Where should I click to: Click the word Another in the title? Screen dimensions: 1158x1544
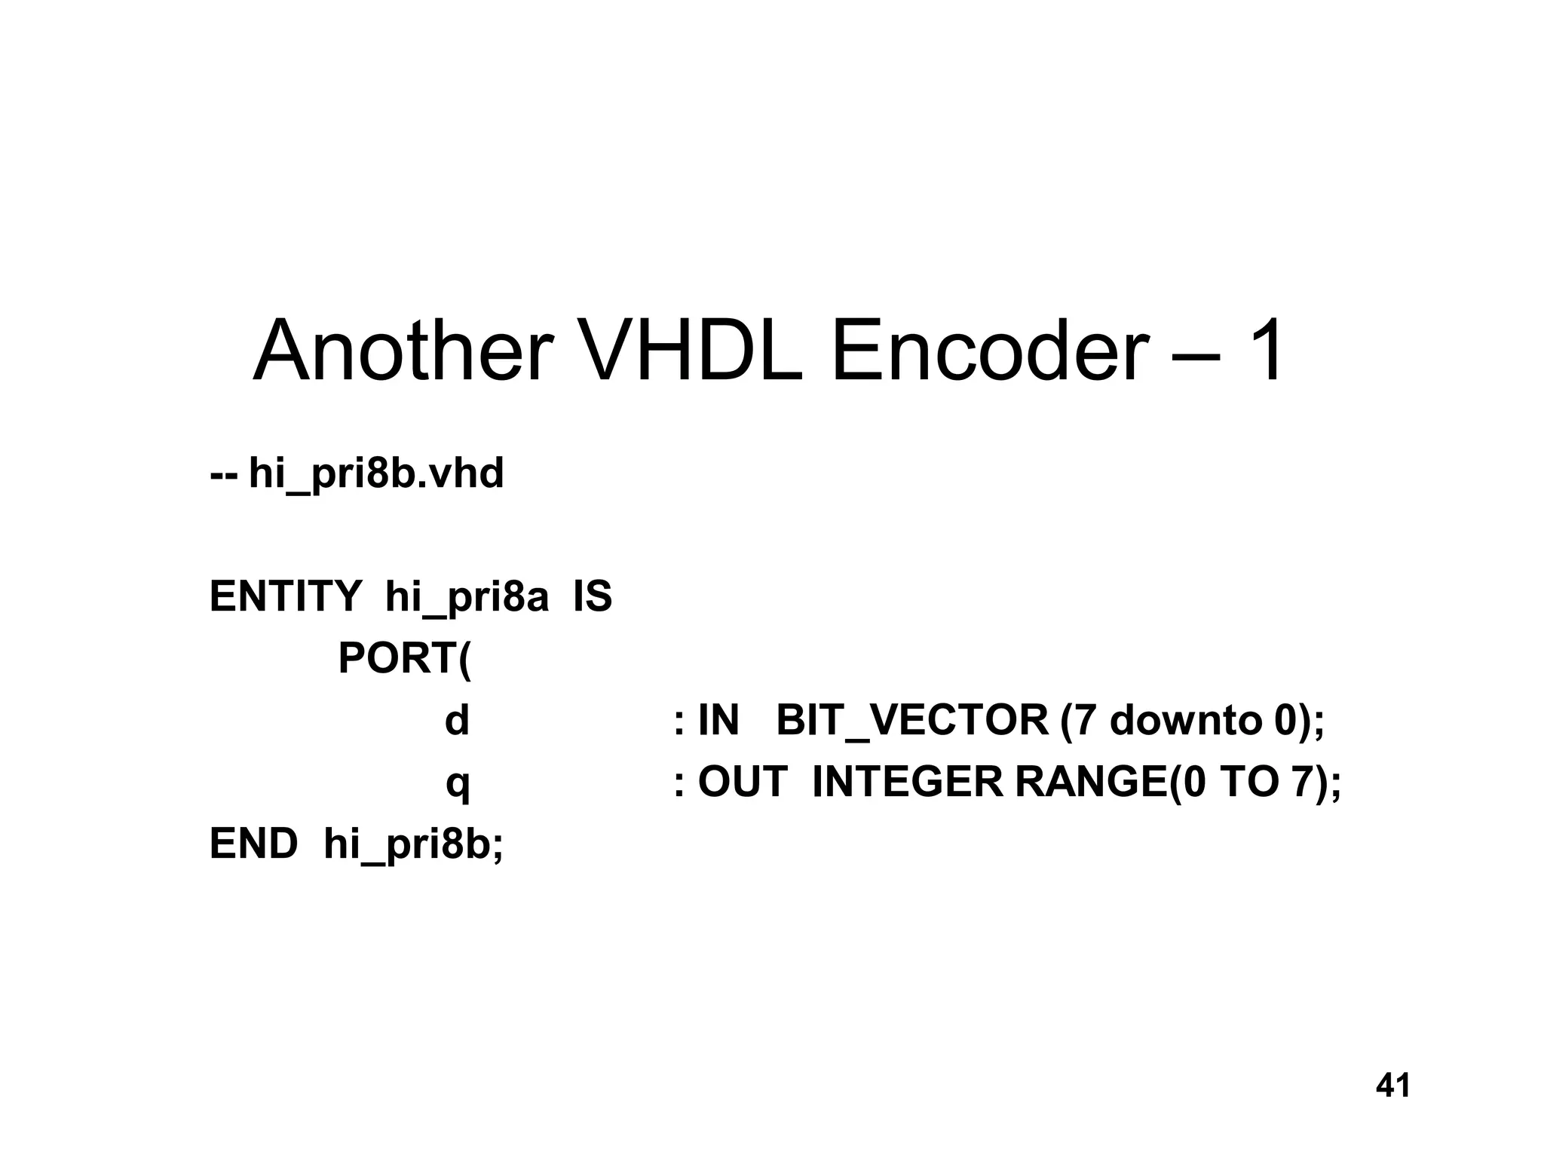(x=403, y=352)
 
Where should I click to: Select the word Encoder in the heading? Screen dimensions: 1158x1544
(x=989, y=352)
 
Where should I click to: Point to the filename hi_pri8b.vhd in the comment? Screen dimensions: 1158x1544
(x=376, y=475)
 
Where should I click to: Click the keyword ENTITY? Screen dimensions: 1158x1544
(x=286, y=596)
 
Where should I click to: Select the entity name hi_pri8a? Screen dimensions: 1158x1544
(x=467, y=598)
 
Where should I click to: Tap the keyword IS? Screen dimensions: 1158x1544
(x=593, y=596)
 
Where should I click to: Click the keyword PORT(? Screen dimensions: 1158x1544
(x=404, y=659)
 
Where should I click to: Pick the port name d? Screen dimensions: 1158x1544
(x=457, y=720)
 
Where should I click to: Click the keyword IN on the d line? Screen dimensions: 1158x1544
(x=718, y=720)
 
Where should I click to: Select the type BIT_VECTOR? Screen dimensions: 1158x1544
(x=911, y=721)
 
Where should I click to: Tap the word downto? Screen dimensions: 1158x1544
(x=1186, y=721)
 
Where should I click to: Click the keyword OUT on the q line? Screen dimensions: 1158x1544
(x=743, y=782)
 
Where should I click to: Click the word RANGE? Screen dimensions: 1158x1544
(x=1091, y=782)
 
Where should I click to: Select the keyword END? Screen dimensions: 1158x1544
(x=253, y=844)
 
